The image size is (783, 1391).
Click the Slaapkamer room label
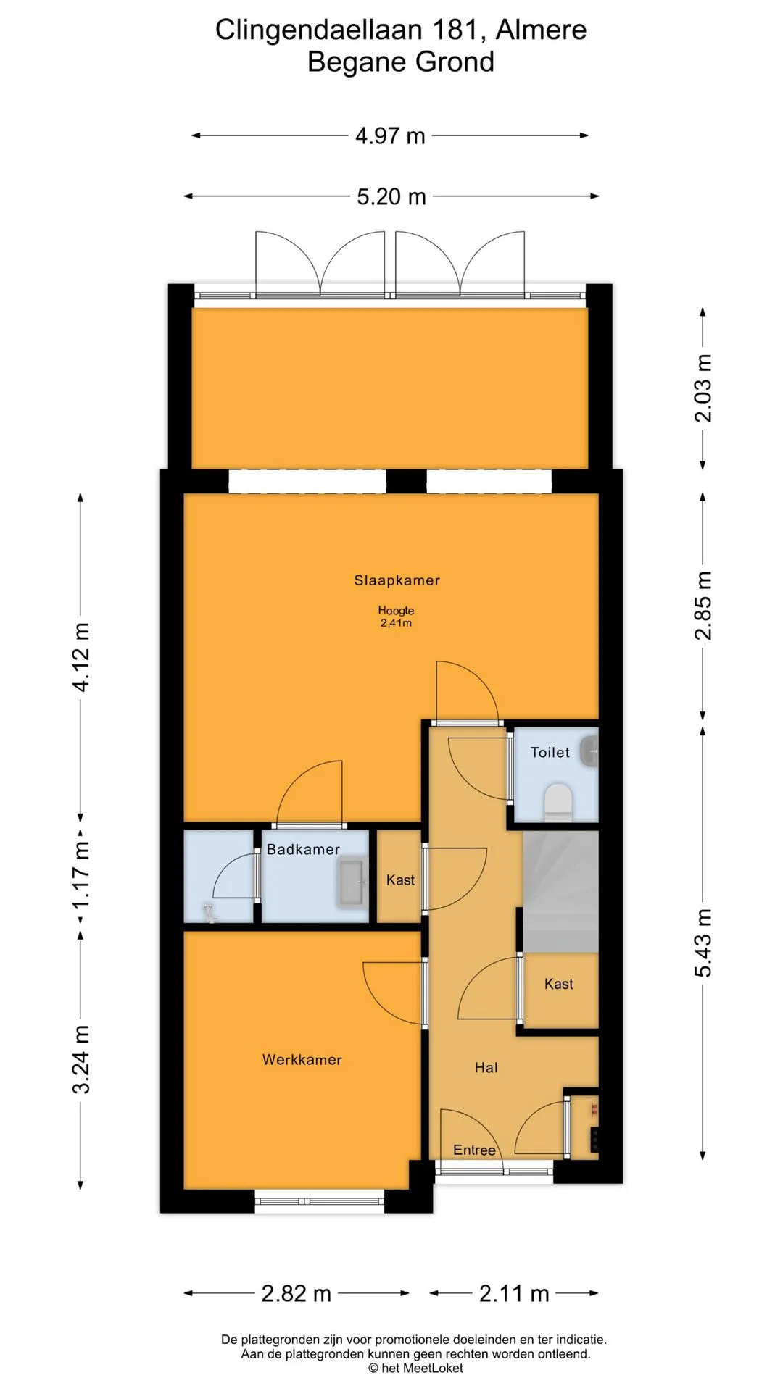(397, 580)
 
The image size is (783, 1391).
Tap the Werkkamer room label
(302, 1060)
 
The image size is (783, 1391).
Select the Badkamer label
(303, 850)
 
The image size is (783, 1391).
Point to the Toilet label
(550, 753)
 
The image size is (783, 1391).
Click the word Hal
(486, 1068)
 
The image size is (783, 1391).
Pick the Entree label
(475, 1150)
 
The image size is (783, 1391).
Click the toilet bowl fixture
(558, 803)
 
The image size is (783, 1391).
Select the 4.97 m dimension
(390, 135)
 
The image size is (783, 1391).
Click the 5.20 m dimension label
(391, 196)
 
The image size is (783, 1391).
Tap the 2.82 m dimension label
(297, 1293)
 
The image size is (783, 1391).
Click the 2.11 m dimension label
(514, 1293)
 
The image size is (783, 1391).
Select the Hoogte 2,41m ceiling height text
(396, 617)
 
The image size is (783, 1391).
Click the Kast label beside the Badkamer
(400, 880)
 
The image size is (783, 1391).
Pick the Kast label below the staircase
(559, 984)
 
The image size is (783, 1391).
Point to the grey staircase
(561, 892)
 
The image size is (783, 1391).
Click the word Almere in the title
(542, 30)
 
